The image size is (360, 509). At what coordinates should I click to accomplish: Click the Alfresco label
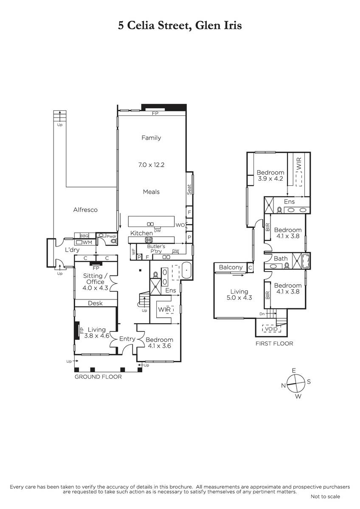coord(85,210)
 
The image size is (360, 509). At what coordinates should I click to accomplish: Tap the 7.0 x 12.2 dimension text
coord(151,165)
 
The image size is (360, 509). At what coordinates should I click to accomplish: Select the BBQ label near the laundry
coord(84,236)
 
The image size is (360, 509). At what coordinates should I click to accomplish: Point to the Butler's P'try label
coord(156,249)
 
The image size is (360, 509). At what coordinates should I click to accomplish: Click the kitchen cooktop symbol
coord(149,240)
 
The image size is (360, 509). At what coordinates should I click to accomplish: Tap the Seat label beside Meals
coord(189,189)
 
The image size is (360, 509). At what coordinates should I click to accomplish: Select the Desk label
coord(95,303)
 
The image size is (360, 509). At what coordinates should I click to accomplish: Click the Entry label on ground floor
coord(127,339)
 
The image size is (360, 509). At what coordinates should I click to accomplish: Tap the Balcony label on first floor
coord(231,267)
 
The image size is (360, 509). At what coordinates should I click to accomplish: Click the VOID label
coord(272,329)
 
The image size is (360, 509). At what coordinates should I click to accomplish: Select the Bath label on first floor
coord(281,259)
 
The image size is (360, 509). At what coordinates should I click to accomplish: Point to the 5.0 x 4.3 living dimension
coord(239,298)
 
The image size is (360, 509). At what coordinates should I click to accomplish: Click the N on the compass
coord(283,386)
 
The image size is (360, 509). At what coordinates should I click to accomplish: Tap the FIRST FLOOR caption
coord(274,343)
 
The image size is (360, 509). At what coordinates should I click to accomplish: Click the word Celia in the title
coord(141,25)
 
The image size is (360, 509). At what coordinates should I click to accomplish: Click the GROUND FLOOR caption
coord(98,377)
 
